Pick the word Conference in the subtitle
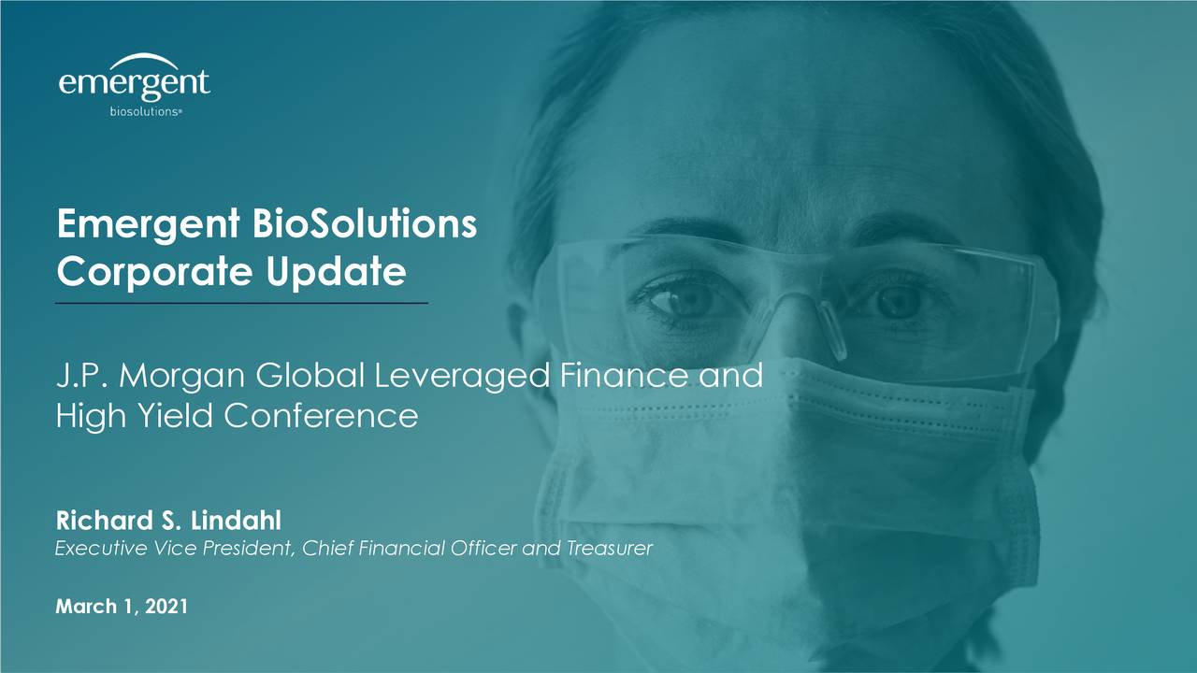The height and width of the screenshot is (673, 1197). tap(320, 415)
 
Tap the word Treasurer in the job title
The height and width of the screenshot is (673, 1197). tap(609, 549)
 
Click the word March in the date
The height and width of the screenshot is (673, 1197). tap(82, 607)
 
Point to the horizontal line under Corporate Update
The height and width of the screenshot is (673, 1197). tap(241, 304)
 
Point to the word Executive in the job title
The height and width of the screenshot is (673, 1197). tap(93, 549)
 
